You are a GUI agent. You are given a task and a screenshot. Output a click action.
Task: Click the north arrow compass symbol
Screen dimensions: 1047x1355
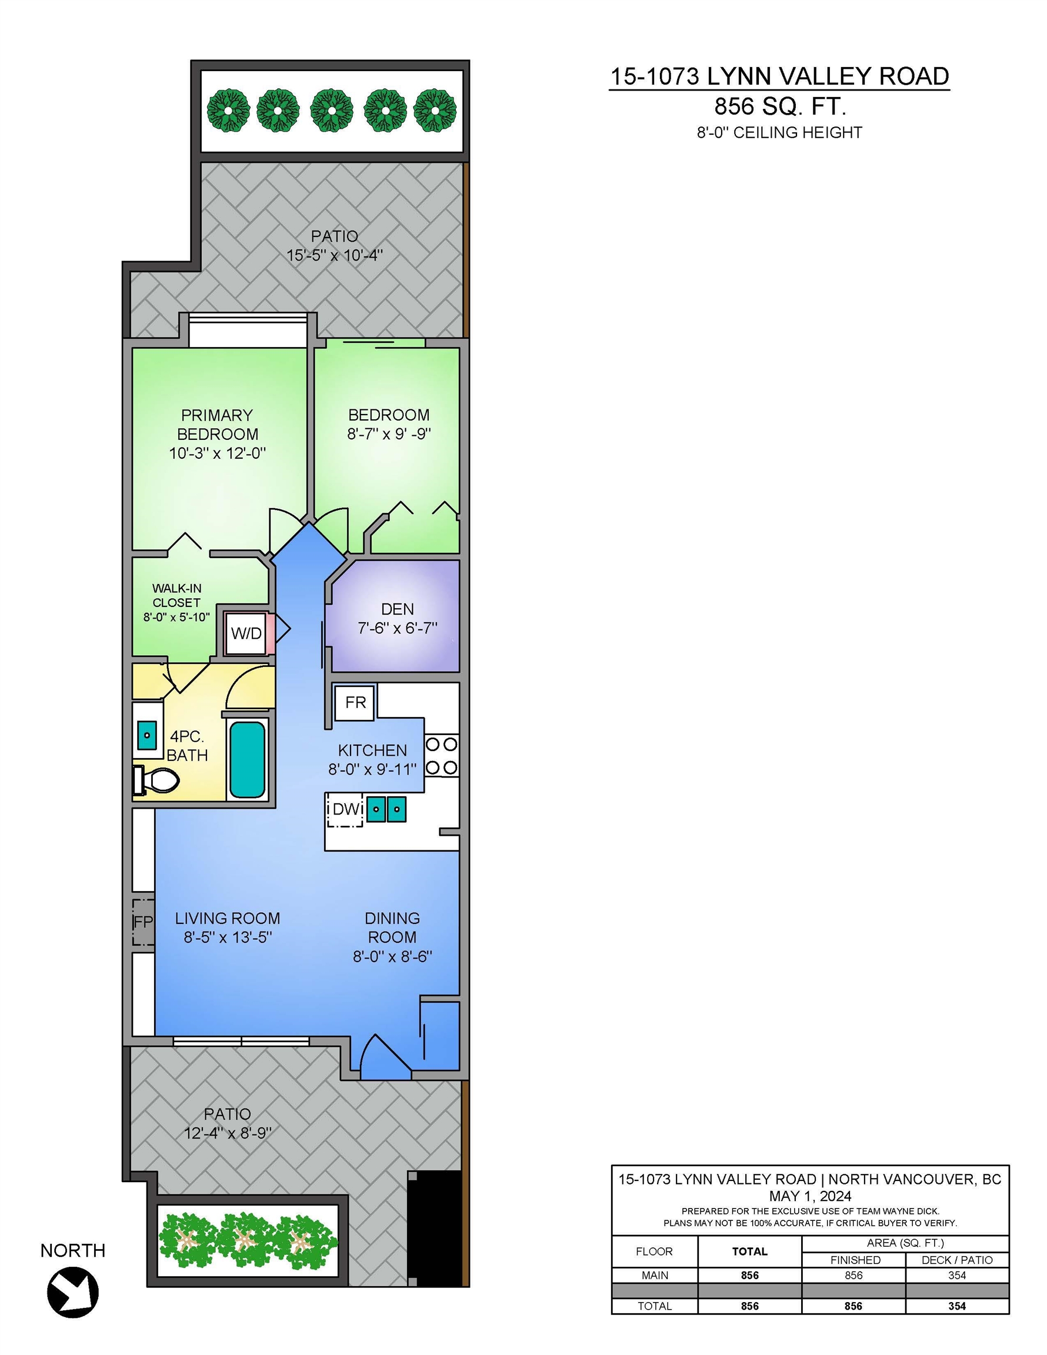[72, 1291]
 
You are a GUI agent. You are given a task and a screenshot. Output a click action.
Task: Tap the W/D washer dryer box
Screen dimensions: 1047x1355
[246, 633]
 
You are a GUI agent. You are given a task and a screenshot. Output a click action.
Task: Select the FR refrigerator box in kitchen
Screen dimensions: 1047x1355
[355, 702]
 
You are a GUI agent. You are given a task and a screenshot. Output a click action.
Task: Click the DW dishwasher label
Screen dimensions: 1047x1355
[346, 809]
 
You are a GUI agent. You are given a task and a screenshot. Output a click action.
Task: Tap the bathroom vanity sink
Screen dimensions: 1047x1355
[147, 735]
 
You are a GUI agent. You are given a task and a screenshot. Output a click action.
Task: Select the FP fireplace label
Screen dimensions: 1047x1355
[144, 922]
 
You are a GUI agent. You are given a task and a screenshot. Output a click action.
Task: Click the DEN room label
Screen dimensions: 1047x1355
[397, 609]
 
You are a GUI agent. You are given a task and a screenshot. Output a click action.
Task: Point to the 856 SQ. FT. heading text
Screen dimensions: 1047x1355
[780, 106]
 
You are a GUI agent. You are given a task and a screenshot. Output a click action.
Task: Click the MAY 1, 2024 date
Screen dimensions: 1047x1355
[810, 1196]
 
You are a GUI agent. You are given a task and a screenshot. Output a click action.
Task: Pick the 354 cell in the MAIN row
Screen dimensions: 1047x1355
[957, 1276]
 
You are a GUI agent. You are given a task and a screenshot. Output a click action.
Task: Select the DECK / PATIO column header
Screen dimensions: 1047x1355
[957, 1260]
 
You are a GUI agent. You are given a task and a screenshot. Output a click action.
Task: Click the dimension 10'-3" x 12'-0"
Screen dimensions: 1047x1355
[217, 453]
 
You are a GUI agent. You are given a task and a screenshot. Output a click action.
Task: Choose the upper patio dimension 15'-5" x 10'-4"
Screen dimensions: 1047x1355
[335, 255]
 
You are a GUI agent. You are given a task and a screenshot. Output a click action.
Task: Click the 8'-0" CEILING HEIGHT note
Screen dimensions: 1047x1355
[779, 132]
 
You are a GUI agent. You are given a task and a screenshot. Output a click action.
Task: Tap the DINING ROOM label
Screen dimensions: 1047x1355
[392, 927]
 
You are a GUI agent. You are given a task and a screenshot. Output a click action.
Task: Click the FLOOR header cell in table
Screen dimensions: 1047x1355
[654, 1251]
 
